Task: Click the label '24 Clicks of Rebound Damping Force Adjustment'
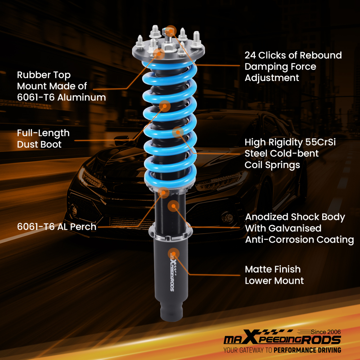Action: click(293, 67)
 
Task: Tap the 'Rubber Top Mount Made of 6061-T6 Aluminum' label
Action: click(61, 86)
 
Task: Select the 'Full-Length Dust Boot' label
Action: click(43, 139)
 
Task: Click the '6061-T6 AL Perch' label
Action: click(57, 227)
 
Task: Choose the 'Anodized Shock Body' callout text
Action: click(295, 217)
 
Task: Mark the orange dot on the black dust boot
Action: click(165, 106)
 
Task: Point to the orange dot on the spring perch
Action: click(164, 193)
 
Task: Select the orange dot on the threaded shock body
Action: click(174, 206)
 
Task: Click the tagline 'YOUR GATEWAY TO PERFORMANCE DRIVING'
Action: click(282, 350)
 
